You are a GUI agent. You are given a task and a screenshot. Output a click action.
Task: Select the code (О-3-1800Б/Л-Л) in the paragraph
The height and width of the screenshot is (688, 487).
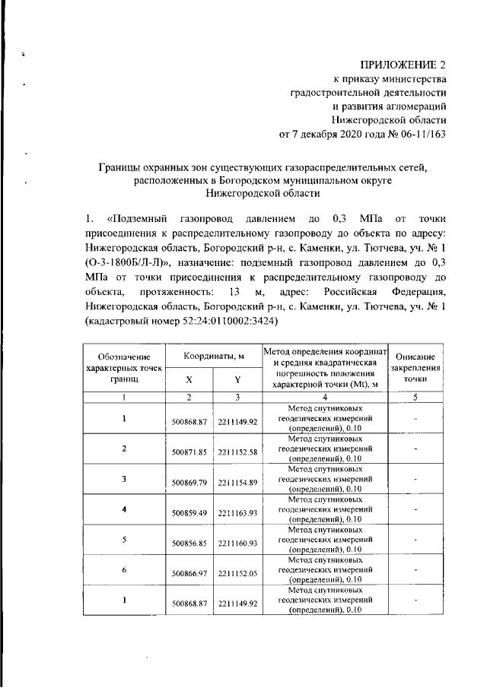point(129,262)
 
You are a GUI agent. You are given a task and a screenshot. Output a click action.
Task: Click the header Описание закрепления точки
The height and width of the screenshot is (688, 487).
point(415,367)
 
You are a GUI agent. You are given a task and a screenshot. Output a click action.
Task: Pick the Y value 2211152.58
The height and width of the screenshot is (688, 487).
point(237,452)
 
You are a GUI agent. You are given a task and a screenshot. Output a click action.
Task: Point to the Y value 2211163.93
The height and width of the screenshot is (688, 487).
point(237,513)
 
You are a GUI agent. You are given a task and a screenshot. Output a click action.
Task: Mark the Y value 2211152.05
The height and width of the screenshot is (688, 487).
point(237,572)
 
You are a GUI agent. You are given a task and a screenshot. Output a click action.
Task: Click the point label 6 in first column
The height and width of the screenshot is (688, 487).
point(123,569)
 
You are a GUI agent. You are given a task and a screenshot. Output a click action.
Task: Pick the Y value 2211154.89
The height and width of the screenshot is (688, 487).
point(237,482)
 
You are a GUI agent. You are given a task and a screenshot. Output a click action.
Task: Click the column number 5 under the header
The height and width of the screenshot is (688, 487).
point(415,397)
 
